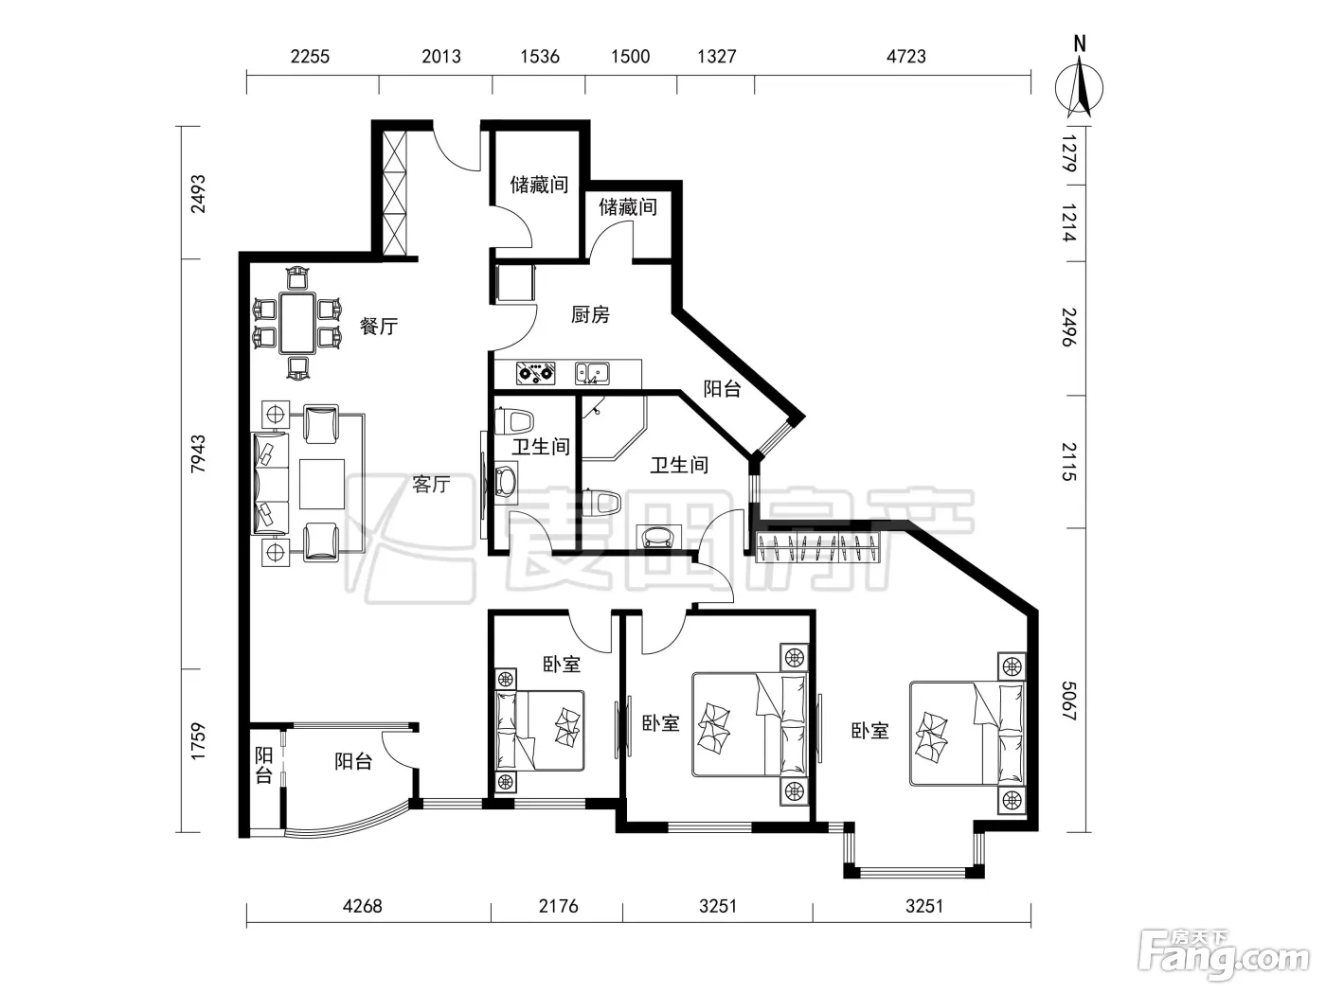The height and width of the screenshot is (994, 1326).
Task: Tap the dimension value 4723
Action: coord(905,57)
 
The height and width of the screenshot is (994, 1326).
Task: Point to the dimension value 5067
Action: coord(1068,701)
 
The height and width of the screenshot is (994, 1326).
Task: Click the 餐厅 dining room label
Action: coord(379,327)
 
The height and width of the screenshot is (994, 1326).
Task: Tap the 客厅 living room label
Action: coord(431,484)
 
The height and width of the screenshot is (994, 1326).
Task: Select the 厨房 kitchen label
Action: coord(590,314)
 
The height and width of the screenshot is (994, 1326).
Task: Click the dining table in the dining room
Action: coord(297,323)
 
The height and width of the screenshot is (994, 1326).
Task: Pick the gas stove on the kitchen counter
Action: coord(535,373)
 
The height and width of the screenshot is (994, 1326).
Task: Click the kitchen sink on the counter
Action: coord(592,374)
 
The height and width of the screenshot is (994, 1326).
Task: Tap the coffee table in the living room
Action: coord(321,484)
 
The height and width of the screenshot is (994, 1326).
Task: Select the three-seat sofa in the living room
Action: coord(270,484)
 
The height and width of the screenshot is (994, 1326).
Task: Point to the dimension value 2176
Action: coord(558,906)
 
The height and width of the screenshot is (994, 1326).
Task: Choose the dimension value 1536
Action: coord(540,57)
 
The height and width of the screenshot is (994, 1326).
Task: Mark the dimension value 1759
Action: coord(198,742)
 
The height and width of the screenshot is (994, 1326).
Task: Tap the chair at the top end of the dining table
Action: coord(297,278)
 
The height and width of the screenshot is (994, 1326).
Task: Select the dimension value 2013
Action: coord(441,57)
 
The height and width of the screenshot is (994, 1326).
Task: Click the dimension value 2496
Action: coord(1068,328)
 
